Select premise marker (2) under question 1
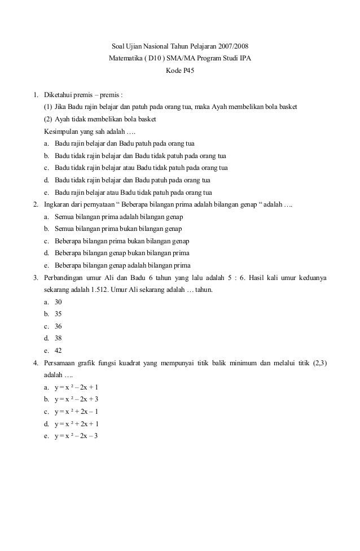[x=49, y=119]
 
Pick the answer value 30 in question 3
[x=58, y=302]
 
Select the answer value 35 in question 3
[x=58, y=314]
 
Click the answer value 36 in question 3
[x=58, y=326]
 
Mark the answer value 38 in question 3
[x=58, y=338]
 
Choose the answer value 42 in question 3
[x=58, y=351]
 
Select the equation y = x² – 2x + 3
[x=76, y=399]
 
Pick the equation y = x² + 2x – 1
[x=76, y=412]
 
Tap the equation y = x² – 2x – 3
[x=76, y=436]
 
